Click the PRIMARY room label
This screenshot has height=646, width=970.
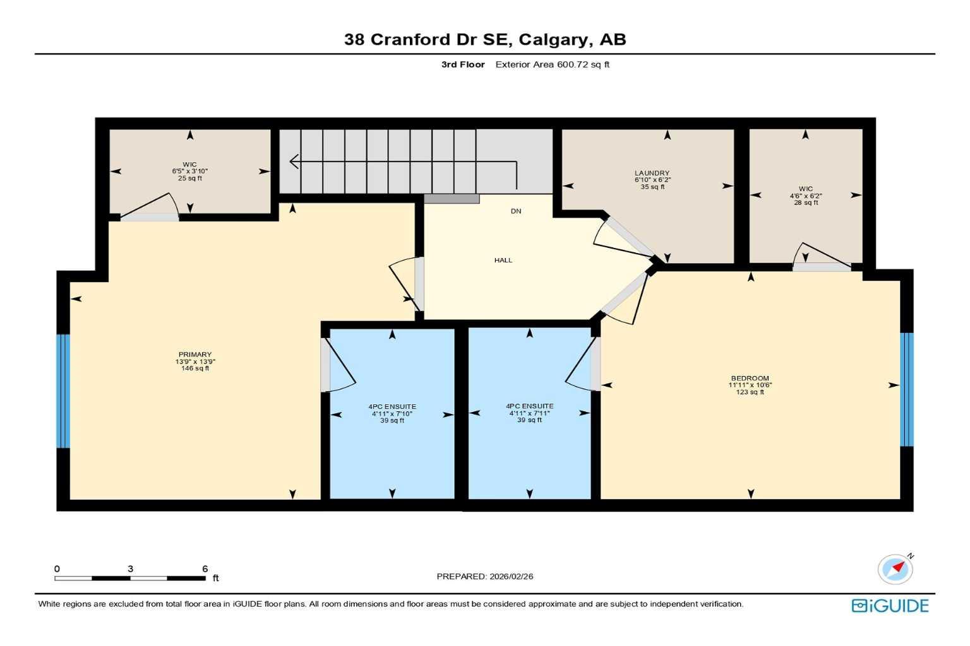195,355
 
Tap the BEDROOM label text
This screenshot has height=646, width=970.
750,379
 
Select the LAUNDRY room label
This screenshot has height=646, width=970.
652,173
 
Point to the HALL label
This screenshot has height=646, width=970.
503,260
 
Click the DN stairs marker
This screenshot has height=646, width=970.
516,211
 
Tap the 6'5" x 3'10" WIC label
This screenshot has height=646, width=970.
189,171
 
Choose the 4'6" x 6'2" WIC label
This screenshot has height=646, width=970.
805,196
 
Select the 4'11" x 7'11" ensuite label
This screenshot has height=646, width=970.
529,413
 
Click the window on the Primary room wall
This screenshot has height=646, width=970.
63,391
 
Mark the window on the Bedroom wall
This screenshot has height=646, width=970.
906,389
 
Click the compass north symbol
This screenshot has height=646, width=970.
895,569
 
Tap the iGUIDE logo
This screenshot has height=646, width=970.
890,606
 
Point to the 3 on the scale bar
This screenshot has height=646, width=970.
130,569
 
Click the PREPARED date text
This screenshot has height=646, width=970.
484,577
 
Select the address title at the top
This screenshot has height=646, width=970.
484,39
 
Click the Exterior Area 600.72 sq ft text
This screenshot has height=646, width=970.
552,64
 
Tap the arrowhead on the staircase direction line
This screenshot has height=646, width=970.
294,161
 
